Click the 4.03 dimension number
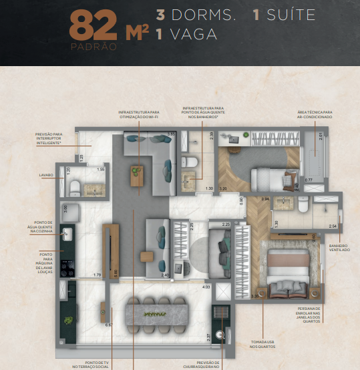pyautogui.click(x=206, y=287)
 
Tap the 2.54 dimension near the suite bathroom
pyautogui.click(x=333, y=227)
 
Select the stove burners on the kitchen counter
pyautogui.click(x=67, y=264)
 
